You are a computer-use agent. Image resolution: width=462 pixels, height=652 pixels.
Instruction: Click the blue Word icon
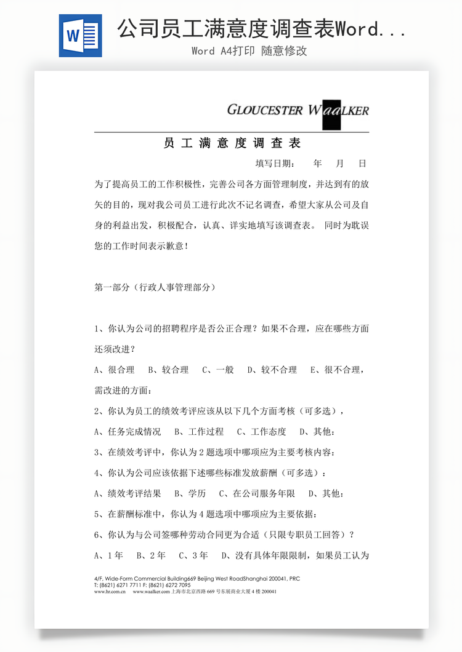80,36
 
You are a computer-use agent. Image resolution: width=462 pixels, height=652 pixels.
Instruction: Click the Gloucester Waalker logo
298,111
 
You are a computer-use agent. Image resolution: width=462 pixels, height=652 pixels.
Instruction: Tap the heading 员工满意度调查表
232,143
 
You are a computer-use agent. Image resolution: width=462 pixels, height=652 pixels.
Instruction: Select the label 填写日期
275,164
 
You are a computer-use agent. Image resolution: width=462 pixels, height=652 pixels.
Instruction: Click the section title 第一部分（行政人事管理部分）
155,287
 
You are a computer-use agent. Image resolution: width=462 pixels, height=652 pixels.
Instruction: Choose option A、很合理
115,370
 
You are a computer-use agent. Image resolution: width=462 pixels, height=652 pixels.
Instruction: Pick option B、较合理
168,370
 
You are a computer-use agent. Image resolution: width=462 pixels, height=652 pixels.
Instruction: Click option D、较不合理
272,370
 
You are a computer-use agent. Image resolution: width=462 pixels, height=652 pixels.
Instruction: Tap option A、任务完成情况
128,431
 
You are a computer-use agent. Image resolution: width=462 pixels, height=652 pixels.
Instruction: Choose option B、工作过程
199,431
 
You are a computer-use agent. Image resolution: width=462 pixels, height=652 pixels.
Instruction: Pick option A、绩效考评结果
128,493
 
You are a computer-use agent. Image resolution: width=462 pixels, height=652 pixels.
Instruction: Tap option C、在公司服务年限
257,493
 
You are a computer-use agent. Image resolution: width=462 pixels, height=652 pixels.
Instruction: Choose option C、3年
193,555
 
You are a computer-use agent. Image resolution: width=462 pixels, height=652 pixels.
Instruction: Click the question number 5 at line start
97,514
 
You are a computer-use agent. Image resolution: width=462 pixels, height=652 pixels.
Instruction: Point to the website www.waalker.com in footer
151,592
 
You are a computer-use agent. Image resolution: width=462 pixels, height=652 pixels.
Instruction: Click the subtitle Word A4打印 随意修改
249,51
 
